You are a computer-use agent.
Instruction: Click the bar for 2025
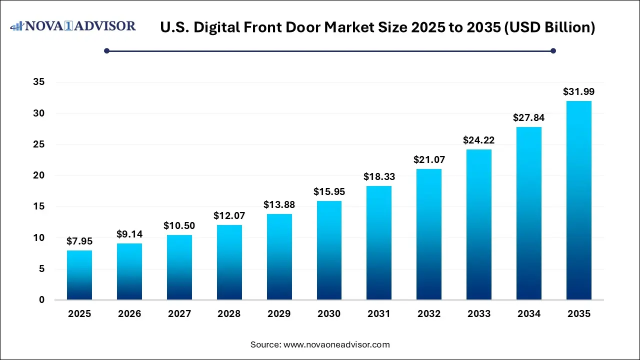(79, 275)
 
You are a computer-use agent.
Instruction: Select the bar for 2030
(329, 250)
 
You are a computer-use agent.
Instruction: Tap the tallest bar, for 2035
(579, 200)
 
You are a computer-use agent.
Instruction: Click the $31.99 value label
(579, 91)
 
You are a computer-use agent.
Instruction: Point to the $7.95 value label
(79, 241)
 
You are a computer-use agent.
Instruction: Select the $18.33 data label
(379, 176)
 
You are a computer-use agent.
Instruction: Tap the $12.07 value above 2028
(229, 215)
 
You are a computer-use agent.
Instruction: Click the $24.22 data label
(479, 140)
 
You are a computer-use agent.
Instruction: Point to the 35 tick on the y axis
(38, 82)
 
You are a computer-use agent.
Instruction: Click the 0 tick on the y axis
(41, 300)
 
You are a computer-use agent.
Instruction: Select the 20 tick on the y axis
(38, 175)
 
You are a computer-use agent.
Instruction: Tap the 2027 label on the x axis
(179, 314)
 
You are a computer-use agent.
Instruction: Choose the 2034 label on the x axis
(529, 314)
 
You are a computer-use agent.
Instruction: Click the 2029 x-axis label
(279, 314)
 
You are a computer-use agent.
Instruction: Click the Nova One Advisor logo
(73, 26)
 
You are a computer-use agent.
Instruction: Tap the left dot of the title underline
(106, 50)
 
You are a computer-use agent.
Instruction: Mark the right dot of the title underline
(553, 50)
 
